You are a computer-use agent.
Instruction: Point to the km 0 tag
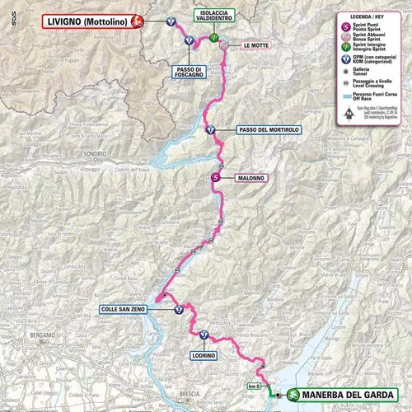click(x=254, y=386)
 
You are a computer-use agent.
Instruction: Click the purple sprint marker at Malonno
click(x=216, y=176)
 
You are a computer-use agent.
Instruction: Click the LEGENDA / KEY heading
click(x=367, y=16)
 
